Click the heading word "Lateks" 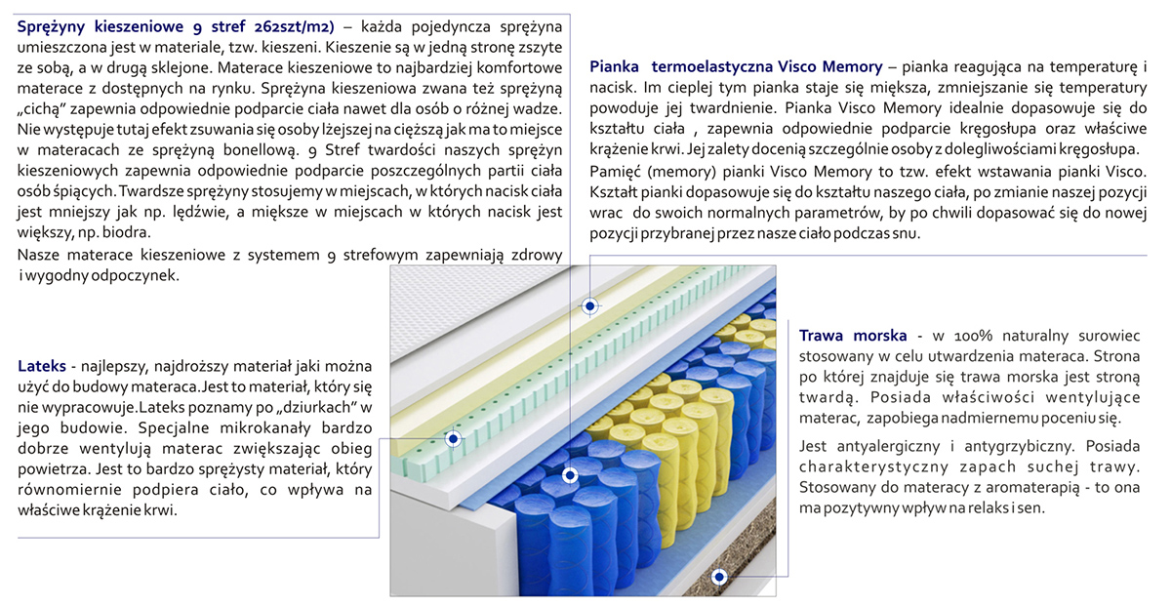click(42, 367)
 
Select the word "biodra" click(126, 233)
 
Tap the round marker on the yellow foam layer click(589, 305)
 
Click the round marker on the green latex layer click(454, 439)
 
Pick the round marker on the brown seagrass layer click(719, 577)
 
